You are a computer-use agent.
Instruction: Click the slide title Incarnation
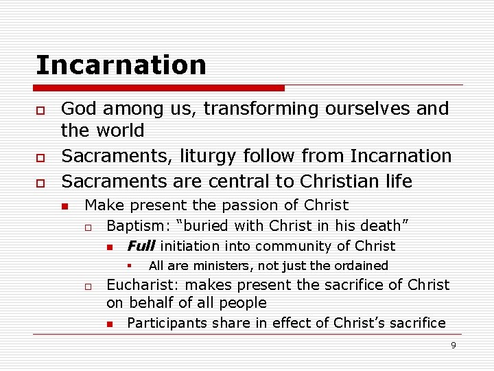click(x=121, y=65)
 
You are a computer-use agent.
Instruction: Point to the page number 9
click(x=453, y=345)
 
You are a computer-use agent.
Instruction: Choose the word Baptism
click(x=134, y=226)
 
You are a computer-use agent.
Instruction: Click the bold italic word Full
click(x=141, y=246)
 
